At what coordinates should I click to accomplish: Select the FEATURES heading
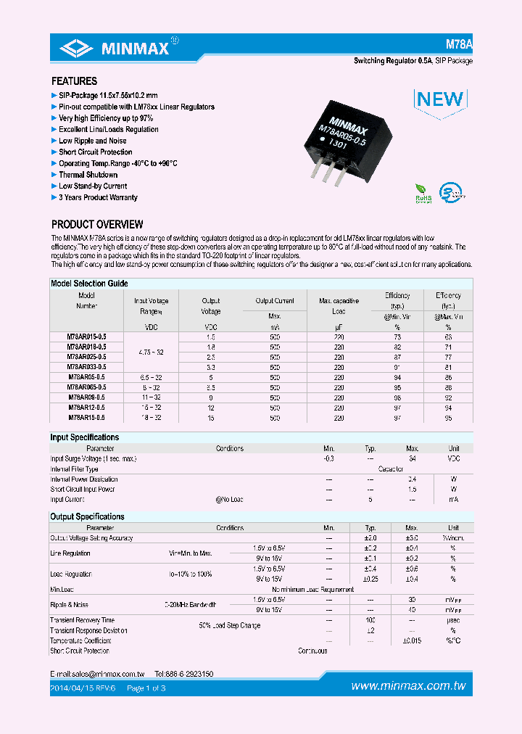click(74, 81)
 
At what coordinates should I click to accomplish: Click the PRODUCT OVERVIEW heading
click(97, 225)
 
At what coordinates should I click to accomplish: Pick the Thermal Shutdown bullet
click(88, 175)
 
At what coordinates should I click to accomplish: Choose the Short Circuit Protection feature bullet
click(95, 152)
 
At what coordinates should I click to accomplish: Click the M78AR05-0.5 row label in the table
click(87, 378)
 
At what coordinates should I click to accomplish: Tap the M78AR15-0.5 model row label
click(87, 418)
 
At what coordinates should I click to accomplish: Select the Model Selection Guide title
click(89, 284)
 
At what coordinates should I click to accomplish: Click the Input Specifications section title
click(84, 437)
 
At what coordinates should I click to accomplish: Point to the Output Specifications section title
click(87, 516)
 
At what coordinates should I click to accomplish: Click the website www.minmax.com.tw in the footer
click(407, 686)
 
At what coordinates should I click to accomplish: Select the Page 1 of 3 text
click(146, 688)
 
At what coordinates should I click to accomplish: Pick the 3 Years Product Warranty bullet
click(98, 197)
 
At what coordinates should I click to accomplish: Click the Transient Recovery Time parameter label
click(82, 620)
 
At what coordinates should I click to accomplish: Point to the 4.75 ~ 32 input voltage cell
click(152, 352)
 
